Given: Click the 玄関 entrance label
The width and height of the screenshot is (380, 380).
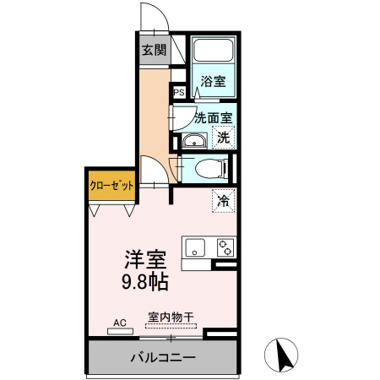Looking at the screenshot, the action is tap(155, 50).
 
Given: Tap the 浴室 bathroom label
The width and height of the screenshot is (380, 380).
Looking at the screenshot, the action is tap(214, 81).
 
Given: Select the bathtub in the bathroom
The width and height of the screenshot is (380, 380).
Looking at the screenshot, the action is tap(214, 50).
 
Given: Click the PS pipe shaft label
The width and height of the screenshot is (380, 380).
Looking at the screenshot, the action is tap(179, 92).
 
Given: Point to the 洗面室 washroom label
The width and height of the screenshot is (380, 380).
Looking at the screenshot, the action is tap(214, 117).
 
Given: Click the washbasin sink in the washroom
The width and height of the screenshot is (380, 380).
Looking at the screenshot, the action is tap(194, 141).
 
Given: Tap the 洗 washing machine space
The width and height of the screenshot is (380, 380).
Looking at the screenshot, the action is tap(224, 138).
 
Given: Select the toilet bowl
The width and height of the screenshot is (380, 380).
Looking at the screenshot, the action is tap(211, 169).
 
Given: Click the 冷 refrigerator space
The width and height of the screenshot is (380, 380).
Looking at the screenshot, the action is tap(224, 201).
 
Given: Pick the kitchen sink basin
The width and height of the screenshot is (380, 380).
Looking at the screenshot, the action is tap(195, 247).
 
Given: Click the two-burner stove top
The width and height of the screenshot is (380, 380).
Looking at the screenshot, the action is tap(225, 247).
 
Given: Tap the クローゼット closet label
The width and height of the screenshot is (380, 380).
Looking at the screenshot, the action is tap(111, 186).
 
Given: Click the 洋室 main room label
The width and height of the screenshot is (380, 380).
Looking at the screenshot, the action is tap(146, 259).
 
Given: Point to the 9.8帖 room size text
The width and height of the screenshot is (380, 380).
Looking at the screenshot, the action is tap(145, 282).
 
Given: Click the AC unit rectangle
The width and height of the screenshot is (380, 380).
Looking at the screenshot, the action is tap(120, 332).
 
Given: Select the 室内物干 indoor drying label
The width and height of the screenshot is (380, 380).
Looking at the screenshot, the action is tap(171, 318).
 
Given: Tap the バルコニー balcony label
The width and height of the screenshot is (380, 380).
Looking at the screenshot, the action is tap(163, 357).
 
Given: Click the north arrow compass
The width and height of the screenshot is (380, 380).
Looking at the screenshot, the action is tap(281, 355).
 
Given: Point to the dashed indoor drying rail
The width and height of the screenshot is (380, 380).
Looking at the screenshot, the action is tap(171, 326).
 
